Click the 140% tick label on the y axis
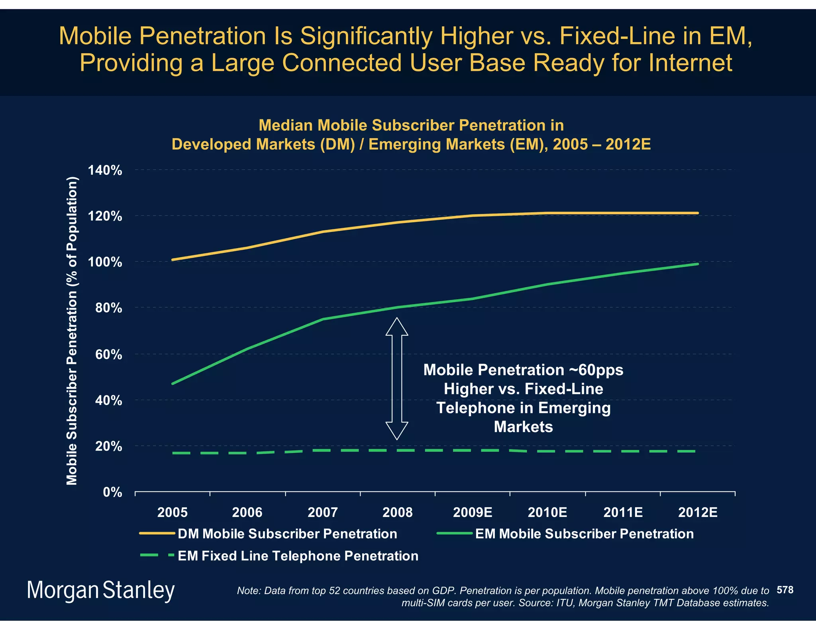(x=105, y=171)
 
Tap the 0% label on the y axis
(x=112, y=493)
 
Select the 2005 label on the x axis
(x=172, y=512)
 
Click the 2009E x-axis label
(x=473, y=512)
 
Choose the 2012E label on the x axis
(x=698, y=512)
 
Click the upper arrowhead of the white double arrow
(x=397, y=327)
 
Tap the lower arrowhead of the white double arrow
(x=397, y=430)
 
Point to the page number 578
(x=785, y=590)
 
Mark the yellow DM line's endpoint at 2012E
(x=698, y=213)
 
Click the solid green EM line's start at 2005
(x=172, y=383)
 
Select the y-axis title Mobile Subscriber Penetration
(x=72, y=331)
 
